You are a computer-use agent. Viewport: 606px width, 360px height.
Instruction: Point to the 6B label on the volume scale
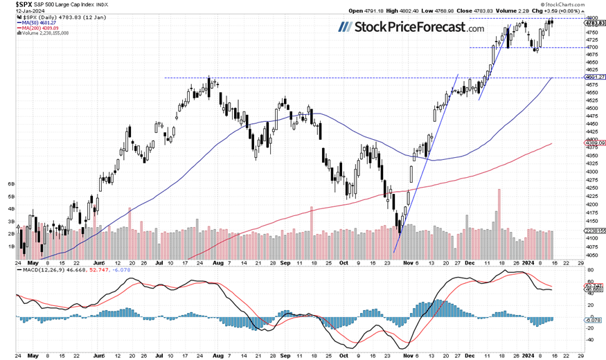coord(11,184)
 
